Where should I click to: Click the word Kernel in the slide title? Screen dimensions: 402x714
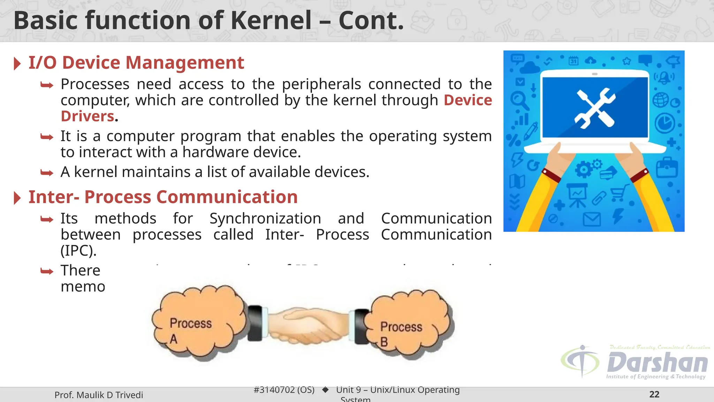point(271,20)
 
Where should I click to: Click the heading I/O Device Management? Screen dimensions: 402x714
point(136,63)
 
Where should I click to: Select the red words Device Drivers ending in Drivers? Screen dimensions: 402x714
point(88,116)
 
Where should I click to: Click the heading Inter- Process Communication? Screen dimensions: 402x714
point(163,197)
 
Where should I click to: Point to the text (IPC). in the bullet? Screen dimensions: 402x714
point(78,251)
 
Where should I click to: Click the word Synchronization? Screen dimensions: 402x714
point(265,219)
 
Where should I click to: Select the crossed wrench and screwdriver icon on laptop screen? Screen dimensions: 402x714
point(595,108)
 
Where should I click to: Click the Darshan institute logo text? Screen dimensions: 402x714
point(657,363)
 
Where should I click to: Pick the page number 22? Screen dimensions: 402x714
point(654,394)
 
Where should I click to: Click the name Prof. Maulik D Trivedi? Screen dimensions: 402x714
point(99,395)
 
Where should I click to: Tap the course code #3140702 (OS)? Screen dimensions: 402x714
point(284,390)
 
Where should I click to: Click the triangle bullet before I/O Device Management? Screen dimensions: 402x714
point(17,64)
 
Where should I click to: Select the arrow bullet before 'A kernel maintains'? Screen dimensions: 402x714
point(47,173)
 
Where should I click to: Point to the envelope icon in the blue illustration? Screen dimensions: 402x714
point(592,219)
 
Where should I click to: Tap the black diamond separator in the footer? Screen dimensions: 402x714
point(325,390)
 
